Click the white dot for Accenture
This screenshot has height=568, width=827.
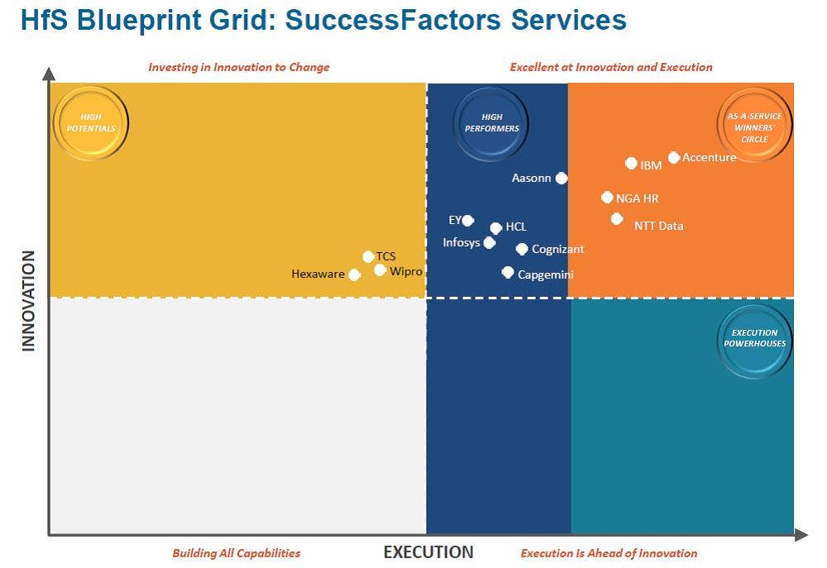coord(674,157)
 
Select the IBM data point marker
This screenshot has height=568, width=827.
coord(631,164)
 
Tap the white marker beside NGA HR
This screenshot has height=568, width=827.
coord(608,198)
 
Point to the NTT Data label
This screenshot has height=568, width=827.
coord(658,226)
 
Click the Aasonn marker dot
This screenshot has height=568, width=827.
coord(562,178)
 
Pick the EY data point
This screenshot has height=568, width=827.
coord(468,220)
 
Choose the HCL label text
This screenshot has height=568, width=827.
coord(516,227)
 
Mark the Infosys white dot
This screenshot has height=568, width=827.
coord(490,242)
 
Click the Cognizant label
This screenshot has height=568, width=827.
coord(557,249)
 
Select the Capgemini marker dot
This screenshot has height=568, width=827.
coord(508,272)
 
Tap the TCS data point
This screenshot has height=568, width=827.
coord(368,256)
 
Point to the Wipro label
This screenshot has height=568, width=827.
coord(406,271)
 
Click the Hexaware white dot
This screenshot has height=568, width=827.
coord(354,274)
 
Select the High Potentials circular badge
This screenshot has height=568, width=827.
coord(91,123)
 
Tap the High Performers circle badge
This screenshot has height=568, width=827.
coord(491,123)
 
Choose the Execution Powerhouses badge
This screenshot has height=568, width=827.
coord(754,338)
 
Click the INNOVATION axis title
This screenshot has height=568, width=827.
coord(29,301)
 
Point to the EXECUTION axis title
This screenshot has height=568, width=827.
coord(428,552)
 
